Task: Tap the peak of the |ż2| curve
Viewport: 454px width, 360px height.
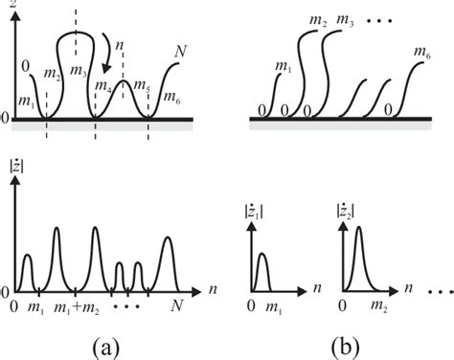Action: point(356,236)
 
